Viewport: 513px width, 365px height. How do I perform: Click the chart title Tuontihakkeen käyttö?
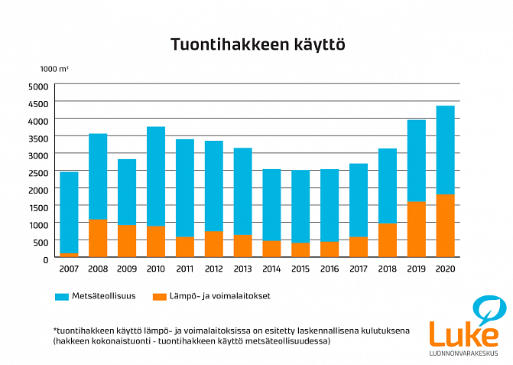click(x=257, y=44)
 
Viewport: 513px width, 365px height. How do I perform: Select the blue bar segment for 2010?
click(x=155, y=176)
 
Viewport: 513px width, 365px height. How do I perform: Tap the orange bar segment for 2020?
click(x=445, y=226)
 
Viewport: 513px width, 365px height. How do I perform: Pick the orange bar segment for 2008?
click(x=98, y=238)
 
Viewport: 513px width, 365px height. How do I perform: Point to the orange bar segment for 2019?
click(x=416, y=230)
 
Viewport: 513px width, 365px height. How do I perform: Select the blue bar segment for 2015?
click(x=300, y=207)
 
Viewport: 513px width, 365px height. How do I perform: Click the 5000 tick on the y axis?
click(x=39, y=86)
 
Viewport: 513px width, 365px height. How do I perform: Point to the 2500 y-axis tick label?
click(x=39, y=172)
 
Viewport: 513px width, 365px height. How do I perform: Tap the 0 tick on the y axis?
click(x=46, y=259)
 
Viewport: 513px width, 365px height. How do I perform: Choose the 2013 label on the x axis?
click(x=242, y=270)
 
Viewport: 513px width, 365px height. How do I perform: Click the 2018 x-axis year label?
click(x=387, y=270)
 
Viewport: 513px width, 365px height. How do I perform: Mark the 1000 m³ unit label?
click(x=54, y=70)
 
